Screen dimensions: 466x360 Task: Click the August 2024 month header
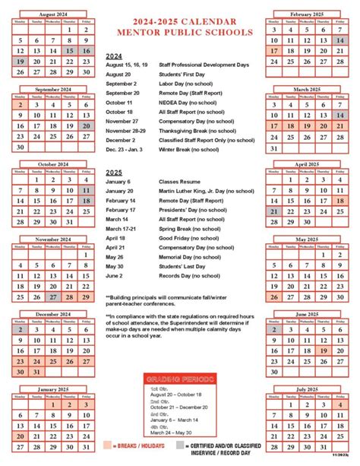tap(52, 14)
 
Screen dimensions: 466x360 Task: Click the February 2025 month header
tap(308, 14)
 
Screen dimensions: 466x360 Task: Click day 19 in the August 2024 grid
tap(21, 61)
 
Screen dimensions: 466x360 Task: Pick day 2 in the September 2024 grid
tap(21, 103)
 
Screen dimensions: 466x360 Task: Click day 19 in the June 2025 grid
tap(324, 350)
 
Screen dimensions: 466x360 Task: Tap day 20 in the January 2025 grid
tap(21, 436)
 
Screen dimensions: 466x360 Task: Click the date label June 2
tap(116, 275)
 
